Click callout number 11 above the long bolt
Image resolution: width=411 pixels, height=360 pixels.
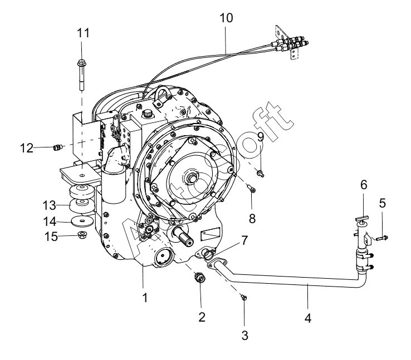(x=83, y=33)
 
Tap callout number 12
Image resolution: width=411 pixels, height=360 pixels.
(x=27, y=148)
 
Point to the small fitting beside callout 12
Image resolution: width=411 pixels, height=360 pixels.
(x=57, y=147)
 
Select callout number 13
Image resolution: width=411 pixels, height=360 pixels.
(x=49, y=205)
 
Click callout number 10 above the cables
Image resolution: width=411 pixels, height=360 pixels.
(x=226, y=18)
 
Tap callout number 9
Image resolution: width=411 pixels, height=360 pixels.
(x=261, y=137)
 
